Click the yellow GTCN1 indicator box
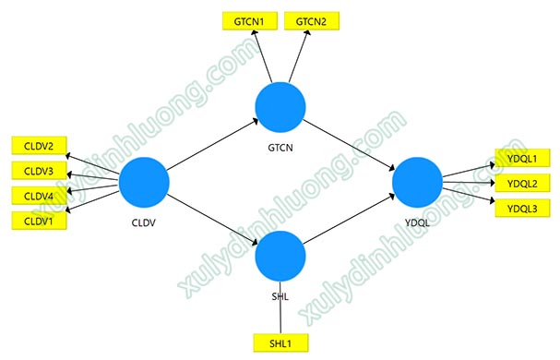[x=250, y=21]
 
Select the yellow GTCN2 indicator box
[x=312, y=21]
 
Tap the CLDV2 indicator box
[x=39, y=146]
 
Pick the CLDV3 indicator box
[x=39, y=171]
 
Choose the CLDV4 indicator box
[x=39, y=196]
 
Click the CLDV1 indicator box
[x=39, y=221]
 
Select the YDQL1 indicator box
[x=522, y=158]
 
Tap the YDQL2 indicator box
[x=522, y=183]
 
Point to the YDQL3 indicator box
[x=522, y=208]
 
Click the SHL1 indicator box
[x=280, y=343]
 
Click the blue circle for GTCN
[x=280, y=107]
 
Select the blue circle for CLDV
[x=144, y=183]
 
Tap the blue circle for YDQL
[x=417, y=183]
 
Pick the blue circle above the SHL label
[x=280, y=256]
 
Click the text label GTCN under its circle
[x=280, y=148]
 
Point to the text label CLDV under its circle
[x=144, y=222]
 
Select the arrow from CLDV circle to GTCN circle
[x=212, y=145]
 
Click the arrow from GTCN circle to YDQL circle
[x=349, y=145]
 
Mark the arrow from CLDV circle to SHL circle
[x=212, y=220]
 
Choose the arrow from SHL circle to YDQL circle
[x=349, y=219]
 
